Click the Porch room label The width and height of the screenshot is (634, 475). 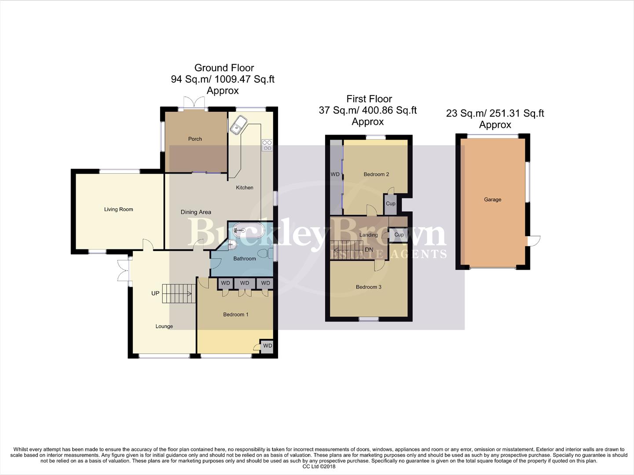(195, 139)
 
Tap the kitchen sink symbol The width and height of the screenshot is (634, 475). (238, 125)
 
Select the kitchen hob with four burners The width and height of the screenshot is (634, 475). (267, 146)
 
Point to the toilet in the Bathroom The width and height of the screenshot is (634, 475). (264, 254)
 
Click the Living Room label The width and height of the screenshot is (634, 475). (118, 209)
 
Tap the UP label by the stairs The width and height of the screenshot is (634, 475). (155, 293)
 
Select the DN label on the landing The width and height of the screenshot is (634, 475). (369, 250)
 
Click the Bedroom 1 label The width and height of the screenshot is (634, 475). (236, 314)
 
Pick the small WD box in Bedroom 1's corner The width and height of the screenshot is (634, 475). (267, 346)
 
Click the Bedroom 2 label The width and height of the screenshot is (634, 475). (376, 175)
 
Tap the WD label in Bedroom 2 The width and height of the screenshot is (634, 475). (335, 175)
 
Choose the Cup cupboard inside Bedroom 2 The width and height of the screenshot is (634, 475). (391, 204)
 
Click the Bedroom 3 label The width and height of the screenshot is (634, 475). (369, 287)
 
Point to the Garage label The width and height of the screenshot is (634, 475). (493, 200)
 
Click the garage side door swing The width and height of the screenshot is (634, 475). (534, 241)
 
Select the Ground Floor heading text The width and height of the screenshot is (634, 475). (224, 68)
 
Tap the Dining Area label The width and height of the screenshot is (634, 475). (196, 212)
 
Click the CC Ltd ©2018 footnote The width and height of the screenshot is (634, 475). (319, 467)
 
